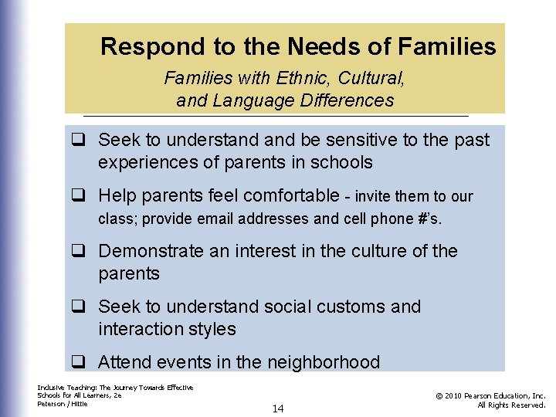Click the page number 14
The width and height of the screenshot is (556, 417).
278,409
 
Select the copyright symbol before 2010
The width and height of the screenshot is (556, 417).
439,395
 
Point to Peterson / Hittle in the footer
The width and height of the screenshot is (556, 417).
62,404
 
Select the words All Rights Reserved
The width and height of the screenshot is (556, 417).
511,405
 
